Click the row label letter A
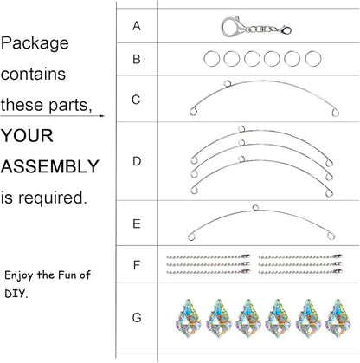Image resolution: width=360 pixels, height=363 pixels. tap(137, 26)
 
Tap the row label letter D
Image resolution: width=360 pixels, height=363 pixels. tap(137, 161)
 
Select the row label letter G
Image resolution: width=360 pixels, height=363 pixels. tap(137, 318)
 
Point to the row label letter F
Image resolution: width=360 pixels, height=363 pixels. tap(137, 264)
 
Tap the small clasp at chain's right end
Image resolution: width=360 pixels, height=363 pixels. tap(286, 30)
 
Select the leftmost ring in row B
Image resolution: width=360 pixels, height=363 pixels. tap(212, 59)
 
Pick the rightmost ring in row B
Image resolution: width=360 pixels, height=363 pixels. tap(313, 59)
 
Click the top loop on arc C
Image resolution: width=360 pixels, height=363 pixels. tap(228, 83)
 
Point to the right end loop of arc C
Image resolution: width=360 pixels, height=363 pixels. tap(335, 113)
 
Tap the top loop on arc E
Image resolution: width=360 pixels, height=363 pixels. tap(255, 207)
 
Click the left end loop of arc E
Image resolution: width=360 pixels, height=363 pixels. tap(191, 237)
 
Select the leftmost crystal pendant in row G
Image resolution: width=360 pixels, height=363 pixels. tap(189, 318)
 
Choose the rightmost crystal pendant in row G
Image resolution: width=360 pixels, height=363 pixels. tap(337, 318)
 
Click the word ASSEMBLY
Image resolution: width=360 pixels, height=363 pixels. tap(50, 166)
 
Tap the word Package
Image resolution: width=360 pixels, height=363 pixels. tap(35, 44)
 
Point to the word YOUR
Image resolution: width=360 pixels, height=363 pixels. tap(28, 136)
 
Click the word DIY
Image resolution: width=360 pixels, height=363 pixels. tap(16, 294)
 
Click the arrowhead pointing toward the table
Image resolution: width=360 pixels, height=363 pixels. tap(102, 116)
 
